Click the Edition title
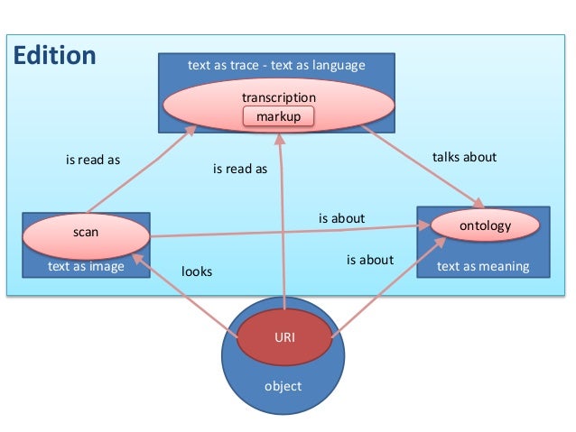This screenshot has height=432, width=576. coord(55,56)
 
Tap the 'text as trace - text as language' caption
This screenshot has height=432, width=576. coord(275,65)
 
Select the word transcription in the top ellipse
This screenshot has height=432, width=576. coord(278,97)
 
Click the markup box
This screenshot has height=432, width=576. coord(278,116)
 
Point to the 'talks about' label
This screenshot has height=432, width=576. coord(464,157)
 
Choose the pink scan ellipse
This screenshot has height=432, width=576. coord(86,233)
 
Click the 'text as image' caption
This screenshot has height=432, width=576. coord(86,266)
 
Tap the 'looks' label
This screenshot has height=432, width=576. coord(197,271)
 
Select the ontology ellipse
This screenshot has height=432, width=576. coord(485,226)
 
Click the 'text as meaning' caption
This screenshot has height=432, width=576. coord(482,266)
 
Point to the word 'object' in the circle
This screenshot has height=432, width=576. coord(283,386)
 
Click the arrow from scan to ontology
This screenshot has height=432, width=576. coord(289,231)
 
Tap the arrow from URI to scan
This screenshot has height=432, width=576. coord(185,297)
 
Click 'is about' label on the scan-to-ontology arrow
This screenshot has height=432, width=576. coord(341,218)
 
